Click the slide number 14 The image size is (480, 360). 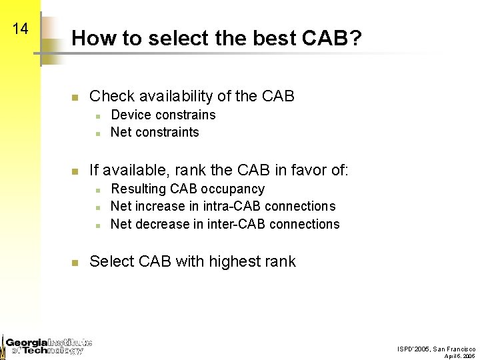point(20,29)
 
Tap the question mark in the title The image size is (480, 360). point(356,38)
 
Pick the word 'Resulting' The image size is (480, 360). point(138,189)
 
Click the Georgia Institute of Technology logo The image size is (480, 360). point(47,345)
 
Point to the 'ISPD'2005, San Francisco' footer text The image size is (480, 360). point(436,349)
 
